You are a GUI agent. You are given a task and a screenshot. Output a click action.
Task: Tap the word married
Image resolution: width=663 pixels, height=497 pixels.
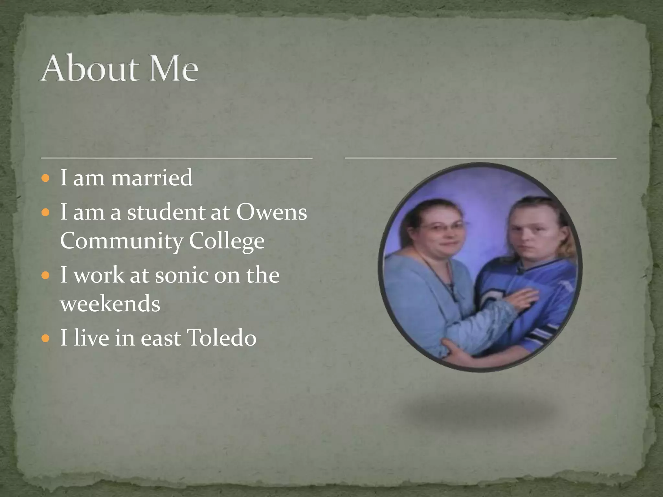tap(152, 178)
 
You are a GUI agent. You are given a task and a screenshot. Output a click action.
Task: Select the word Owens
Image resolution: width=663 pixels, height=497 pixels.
tap(272, 213)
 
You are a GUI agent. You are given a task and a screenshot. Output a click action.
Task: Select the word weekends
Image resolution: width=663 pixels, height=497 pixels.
tap(110, 304)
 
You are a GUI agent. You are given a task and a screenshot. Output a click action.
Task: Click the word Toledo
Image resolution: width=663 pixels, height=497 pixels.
tap(222, 338)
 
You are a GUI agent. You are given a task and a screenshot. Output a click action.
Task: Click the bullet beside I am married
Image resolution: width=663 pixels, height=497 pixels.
tap(46, 178)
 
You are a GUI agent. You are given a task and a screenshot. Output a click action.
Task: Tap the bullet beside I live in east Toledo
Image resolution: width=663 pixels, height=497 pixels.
tap(46, 338)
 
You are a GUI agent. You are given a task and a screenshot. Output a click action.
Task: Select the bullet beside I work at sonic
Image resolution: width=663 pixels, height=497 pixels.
tap(46, 276)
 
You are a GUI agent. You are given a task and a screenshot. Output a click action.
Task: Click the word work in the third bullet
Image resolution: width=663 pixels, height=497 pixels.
tap(99, 275)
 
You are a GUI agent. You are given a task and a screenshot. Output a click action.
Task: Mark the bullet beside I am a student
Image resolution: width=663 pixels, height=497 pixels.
tap(46, 213)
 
